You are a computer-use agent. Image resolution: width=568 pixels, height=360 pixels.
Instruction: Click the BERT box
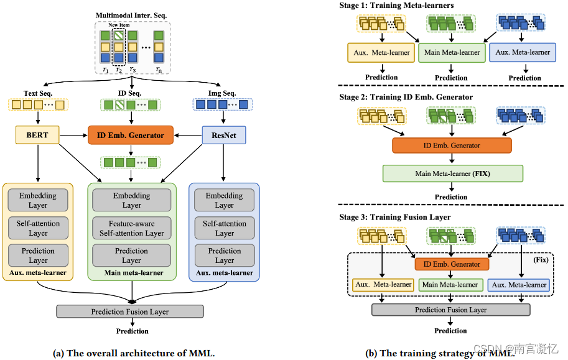[x=37, y=135]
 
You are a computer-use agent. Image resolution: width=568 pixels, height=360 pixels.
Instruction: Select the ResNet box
[x=224, y=135]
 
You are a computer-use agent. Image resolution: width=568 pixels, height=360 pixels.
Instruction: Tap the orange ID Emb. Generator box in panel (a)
[x=131, y=135]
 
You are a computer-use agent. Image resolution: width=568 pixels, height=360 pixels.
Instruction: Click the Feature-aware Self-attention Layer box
[x=131, y=228]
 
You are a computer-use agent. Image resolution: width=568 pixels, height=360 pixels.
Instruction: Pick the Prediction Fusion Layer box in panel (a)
[x=129, y=312]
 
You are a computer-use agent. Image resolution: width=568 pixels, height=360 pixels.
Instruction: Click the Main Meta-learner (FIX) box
[x=453, y=173]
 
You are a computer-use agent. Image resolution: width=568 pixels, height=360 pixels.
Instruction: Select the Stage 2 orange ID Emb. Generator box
[x=452, y=145]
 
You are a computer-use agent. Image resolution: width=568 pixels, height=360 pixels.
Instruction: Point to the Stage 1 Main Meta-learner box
[x=452, y=52]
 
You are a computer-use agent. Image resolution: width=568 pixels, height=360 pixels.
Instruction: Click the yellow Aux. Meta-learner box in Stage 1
[x=381, y=52]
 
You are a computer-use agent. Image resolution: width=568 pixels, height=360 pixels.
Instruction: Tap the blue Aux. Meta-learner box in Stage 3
[x=519, y=285]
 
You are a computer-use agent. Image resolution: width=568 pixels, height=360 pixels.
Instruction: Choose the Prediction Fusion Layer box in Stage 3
[x=451, y=310]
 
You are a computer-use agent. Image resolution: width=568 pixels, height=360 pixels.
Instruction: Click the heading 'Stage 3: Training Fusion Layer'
[x=395, y=217]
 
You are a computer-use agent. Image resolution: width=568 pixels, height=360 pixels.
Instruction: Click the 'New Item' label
[x=119, y=25]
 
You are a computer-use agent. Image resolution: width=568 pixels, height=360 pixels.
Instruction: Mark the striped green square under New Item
[x=119, y=35]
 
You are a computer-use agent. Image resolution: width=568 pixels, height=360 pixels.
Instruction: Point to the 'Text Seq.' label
[x=38, y=93]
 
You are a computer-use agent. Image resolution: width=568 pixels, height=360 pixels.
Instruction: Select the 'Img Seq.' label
[x=222, y=93]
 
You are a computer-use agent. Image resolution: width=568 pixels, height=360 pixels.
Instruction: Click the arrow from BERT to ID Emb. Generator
[x=73, y=136]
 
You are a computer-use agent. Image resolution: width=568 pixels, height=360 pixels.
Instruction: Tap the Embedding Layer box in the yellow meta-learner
[x=38, y=200]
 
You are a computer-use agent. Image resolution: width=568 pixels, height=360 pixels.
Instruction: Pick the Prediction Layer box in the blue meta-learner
[x=225, y=256]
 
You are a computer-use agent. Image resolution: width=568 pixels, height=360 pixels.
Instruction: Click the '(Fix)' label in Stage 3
[x=541, y=260]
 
